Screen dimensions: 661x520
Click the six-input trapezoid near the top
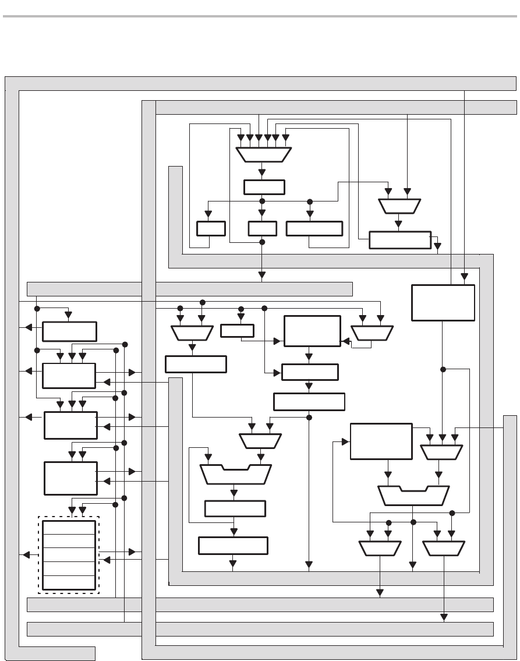coord(263,154)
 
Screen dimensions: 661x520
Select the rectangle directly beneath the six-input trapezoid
coord(263,187)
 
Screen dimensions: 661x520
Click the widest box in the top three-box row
coord(314,228)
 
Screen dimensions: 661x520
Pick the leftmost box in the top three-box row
coord(211,228)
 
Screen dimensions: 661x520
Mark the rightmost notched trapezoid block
coord(414,496)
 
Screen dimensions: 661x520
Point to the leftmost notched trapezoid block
coord(235,474)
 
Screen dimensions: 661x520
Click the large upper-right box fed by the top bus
coord(443,302)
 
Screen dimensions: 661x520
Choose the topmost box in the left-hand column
coord(69,331)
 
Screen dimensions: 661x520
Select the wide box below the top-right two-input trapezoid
coord(399,239)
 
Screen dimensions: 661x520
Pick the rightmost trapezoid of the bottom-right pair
coord(444,548)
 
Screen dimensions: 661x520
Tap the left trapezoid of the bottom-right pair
coord(380,548)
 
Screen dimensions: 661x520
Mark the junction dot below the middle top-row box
coord(262,242)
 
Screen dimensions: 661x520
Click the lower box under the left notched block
coord(233,546)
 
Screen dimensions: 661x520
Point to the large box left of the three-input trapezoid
coord(381,441)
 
